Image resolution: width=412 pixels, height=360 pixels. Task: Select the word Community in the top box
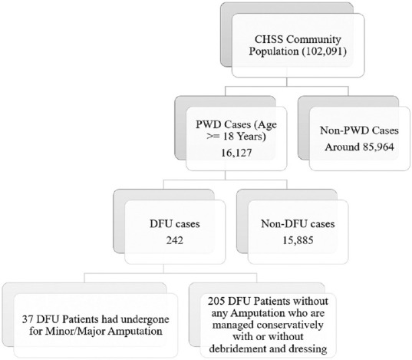[314, 39]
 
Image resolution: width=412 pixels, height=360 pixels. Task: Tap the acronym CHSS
[269, 39]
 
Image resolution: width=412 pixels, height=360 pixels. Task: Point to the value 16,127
[236, 153]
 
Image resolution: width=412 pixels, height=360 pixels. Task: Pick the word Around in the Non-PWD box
[342, 147]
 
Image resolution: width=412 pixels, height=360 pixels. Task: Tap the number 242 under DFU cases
[175, 240]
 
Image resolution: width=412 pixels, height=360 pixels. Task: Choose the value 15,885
[298, 240]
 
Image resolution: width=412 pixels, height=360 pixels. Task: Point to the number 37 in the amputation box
[28, 319]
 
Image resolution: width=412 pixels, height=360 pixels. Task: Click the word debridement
[236, 349]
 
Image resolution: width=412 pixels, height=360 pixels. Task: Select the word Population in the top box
[274, 51]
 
